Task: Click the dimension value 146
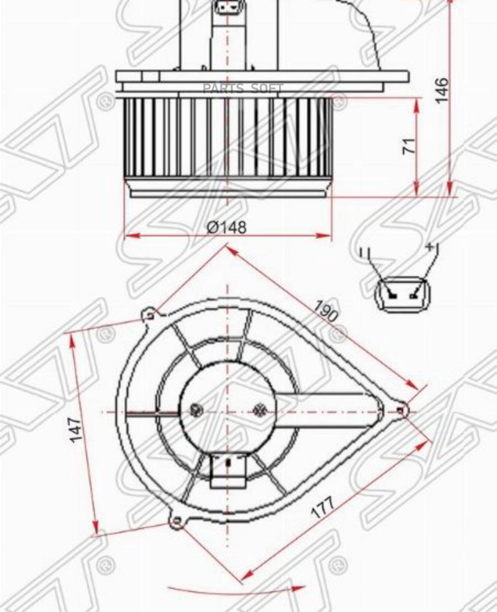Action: [x=442, y=90]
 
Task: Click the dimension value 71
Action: [x=408, y=146]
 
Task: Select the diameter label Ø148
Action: [x=227, y=227]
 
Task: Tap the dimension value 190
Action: [x=326, y=311]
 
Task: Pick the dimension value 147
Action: [x=76, y=430]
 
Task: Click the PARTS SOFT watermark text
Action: [x=242, y=88]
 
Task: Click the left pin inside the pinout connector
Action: [x=393, y=295]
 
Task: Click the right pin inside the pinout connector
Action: [x=414, y=295]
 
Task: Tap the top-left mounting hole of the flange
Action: [x=150, y=315]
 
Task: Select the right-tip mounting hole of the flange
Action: [x=402, y=410]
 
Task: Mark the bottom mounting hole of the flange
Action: [x=176, y=520]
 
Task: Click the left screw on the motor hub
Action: [x=195, y=410]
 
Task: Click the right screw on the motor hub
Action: [x=260, y=410]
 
